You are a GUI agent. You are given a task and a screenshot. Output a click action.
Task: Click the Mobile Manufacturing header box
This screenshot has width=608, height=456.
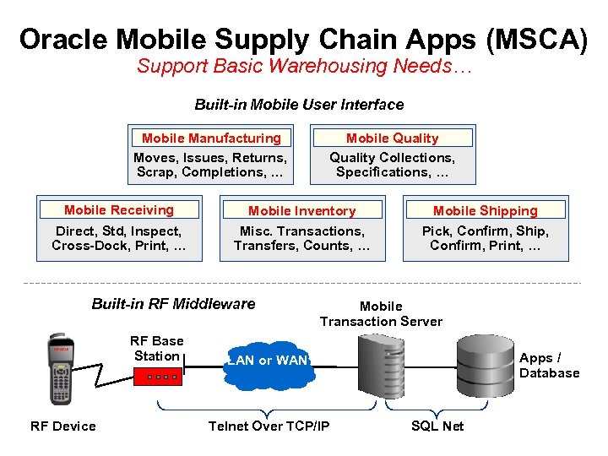point(211,138)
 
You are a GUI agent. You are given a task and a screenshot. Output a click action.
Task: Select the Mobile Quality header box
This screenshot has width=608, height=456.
point(392,138)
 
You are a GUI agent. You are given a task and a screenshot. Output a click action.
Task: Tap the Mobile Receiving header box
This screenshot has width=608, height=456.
point(119,209)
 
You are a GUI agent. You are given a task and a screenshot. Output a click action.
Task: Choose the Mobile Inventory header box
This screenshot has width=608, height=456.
point(301,210)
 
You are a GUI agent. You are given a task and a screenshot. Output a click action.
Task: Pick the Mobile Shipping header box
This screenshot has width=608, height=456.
point(485,210)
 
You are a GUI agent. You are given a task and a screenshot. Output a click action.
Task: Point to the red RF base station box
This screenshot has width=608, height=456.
point(157,375)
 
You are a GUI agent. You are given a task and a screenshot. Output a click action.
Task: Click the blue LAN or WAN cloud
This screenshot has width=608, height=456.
point(268,361)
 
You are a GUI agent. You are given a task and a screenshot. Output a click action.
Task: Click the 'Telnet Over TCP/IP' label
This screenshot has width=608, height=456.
point(269,426)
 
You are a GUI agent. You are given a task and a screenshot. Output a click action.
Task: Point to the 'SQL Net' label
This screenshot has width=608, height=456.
point(437,426)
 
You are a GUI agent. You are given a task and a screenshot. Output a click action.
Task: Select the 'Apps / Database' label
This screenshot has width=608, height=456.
point(549,366)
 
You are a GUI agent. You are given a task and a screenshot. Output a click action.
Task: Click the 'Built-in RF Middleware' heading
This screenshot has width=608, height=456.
point(173,304)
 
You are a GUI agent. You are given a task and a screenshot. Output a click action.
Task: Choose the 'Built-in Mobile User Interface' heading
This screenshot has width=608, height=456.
point(299,105)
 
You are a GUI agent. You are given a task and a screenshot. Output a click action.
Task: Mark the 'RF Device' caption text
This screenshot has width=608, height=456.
point(63,426)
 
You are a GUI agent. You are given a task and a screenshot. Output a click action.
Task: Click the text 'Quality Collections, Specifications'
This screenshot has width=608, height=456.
point(392,165)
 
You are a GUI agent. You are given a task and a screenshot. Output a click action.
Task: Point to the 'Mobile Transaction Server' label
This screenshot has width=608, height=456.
point(381,313)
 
